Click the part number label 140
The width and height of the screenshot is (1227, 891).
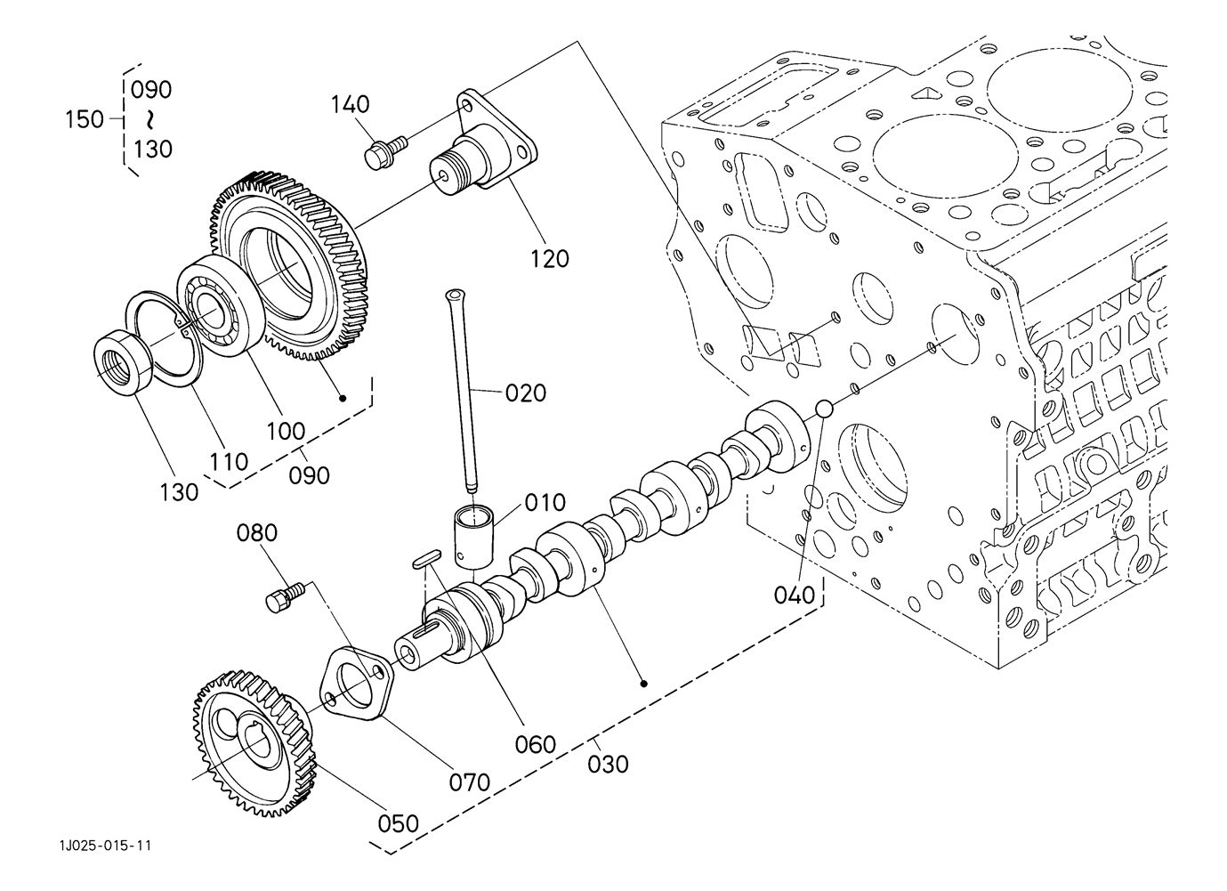tap(350, 104)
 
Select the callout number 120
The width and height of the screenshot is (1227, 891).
tap(549, 259)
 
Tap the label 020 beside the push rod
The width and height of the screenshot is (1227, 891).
tap(526, 393)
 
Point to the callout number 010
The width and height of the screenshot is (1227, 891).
tap(545, 503)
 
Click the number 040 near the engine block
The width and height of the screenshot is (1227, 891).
tap(795, 595)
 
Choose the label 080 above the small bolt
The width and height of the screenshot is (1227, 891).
tap(257, 532)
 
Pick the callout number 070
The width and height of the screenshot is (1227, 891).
tap(470, 782)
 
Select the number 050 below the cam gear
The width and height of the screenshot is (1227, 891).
tap(399, 823)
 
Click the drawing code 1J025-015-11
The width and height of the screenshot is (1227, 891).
tap(105, 846)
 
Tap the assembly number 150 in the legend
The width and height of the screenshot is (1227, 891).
tap(85, 119)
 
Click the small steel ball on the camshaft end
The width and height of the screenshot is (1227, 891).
tap(825, 409)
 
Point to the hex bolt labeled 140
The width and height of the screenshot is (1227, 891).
tap(385, 152)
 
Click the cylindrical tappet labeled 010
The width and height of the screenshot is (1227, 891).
tap(473, 535)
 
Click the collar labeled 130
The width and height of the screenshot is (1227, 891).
tap(124, 362)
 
